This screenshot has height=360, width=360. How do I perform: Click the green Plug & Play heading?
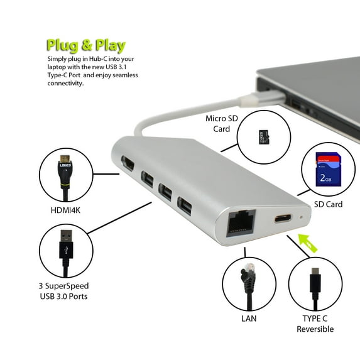(85, 45)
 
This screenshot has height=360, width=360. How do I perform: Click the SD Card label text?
(328, 205)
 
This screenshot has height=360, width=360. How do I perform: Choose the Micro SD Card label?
(222, 123)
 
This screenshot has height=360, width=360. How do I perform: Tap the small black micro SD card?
(264, 137)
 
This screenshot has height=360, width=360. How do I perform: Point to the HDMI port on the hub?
(128, 165)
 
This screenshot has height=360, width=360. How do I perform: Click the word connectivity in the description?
(65, 84)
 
